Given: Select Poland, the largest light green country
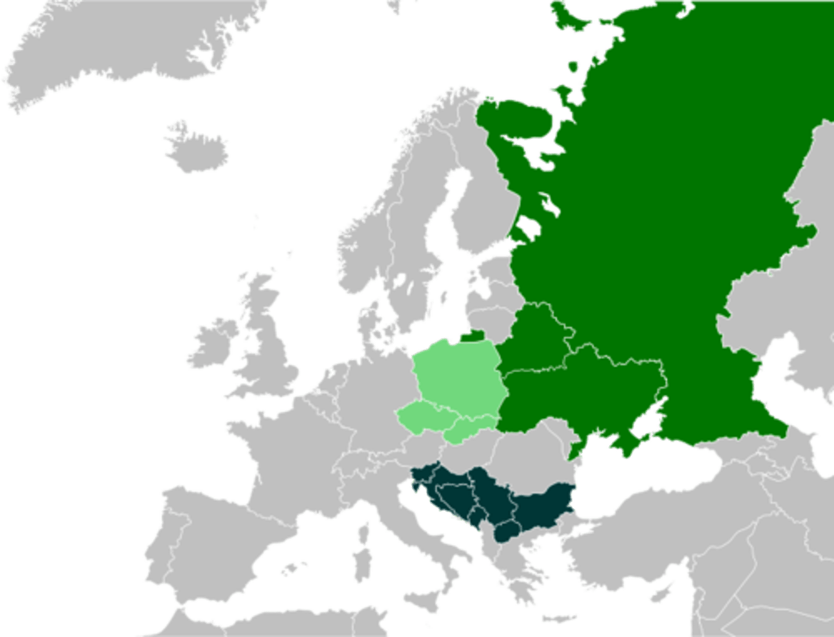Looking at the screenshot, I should pyautogui.click(x=458, y=376).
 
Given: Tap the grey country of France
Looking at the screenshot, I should pyautogui.click(x=278, y=457).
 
